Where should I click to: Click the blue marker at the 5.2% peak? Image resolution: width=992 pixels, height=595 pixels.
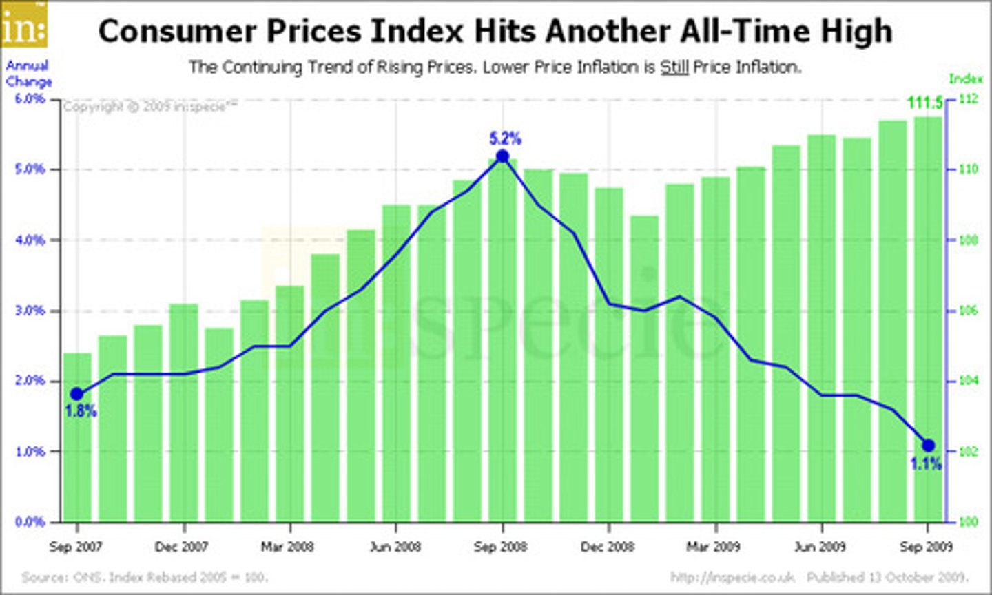pos(502,156)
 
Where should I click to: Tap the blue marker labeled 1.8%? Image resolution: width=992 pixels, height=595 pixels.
pos(77,394)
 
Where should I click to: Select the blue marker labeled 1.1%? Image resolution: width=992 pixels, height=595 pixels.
pos(928,446)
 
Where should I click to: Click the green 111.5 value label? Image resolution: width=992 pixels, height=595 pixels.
pos(924,103)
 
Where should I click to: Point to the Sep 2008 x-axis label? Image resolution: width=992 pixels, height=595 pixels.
pos(500,547)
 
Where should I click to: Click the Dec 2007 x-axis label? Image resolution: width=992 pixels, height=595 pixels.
pos(181,547)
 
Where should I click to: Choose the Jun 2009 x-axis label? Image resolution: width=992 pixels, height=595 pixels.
pos(820,547)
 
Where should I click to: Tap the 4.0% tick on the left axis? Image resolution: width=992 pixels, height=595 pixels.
pos(30,240)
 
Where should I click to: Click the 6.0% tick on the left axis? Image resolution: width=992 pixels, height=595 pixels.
pos(30,99)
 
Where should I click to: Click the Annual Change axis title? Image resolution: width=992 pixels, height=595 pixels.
pos(29,74)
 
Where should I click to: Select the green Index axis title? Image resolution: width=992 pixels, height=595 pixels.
pos(966,79)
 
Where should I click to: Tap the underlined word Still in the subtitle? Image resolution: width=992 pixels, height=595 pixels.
pos(674,67)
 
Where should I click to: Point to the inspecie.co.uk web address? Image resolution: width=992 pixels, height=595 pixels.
pos(732,577)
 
